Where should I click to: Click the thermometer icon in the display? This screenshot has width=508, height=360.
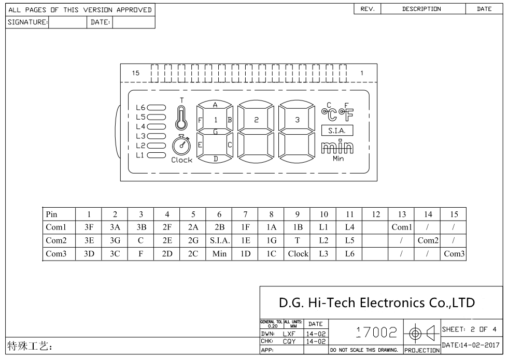pos(180,118)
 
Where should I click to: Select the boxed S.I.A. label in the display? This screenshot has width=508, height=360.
pos(337,131)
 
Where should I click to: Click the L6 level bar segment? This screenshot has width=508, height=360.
pos(157,108)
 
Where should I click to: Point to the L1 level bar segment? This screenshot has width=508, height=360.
pos(157,155)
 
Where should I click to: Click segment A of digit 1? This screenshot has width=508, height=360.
pos(215,105)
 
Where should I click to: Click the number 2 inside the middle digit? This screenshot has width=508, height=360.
pos(256,120)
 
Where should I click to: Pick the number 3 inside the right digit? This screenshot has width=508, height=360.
pos(297,120)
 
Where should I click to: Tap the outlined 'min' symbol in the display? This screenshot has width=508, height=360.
pos(337,148)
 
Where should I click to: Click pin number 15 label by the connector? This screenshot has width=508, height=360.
pos(135,73)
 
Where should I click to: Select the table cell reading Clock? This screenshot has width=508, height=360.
pos(298,254)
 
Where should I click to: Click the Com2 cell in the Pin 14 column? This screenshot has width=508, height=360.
pos(428,240)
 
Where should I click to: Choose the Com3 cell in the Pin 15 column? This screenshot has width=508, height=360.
pos(454,254)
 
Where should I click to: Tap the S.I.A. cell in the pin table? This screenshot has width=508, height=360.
pos(219,240)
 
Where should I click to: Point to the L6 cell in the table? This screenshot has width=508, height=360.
pos(349,254)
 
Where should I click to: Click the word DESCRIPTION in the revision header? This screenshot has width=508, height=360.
pos(421,9)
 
